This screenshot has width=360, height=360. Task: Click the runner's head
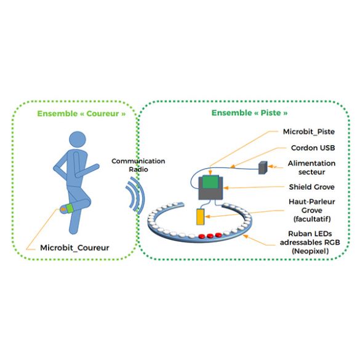point(78,140)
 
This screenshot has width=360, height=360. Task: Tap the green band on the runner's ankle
point(70,208)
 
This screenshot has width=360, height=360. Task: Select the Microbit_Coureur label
point(74,248)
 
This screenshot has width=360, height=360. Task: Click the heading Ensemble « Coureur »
point(81,114)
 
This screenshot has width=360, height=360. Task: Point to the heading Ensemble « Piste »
point(249,113)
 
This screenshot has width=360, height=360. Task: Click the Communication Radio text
point(138,165)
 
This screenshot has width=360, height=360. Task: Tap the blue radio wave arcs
point(135,195)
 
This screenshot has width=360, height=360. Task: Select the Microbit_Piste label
point(308,132)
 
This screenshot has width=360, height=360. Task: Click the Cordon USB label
point(313,148)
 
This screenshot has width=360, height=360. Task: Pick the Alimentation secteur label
point(311,167)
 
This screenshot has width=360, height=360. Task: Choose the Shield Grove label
point(311,187)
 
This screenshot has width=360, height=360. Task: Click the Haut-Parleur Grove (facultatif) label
point(312,210)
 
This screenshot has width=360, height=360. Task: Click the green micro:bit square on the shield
point(210,182)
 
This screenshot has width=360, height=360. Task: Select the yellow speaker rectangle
point(201,217)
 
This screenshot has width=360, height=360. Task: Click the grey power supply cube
point(263,167)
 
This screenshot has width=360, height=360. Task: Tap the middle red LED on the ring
point(210,236)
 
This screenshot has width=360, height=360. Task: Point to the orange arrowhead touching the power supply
point(270,166)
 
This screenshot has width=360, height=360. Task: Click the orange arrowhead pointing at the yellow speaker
point(207,217)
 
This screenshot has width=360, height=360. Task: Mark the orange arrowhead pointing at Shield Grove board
point(226,188)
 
